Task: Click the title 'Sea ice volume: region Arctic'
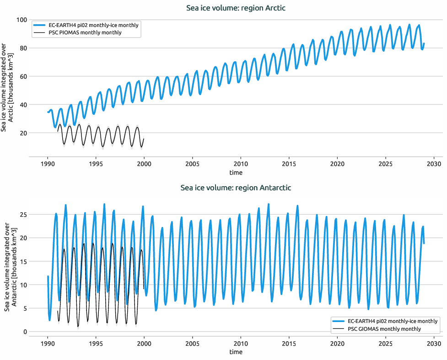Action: pos(236,8)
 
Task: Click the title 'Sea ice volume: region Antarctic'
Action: pos(236,188)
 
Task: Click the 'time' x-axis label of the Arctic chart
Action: pos(236,173)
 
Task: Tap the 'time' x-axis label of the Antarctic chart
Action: pos(236,352)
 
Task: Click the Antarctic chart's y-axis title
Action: pos(7,267)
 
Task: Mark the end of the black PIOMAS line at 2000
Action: pos(144,139)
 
